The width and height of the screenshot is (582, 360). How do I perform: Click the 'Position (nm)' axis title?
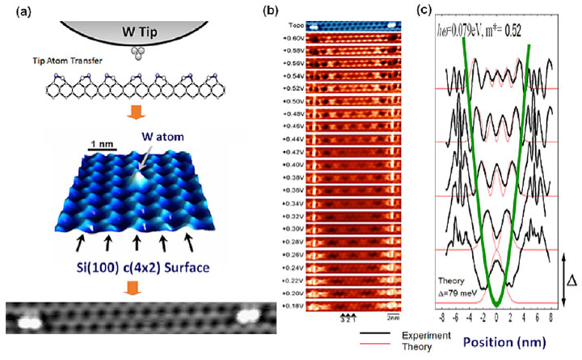516,341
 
